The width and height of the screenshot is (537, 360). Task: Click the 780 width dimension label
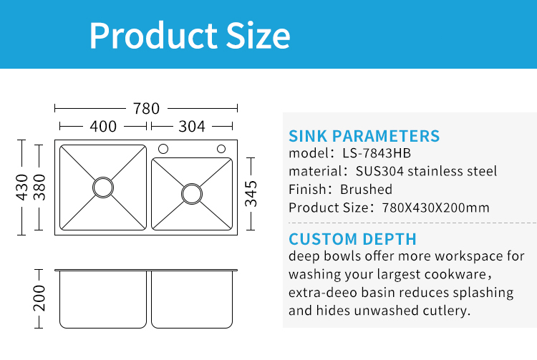click(x=146, y=109)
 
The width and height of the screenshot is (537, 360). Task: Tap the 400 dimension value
click(x=103, y=127)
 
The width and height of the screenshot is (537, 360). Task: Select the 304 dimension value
click(x=192, y=127)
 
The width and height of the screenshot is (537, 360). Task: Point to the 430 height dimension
click(x=21, y=188)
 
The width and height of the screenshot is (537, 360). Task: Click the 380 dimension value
click(x=39, y=188)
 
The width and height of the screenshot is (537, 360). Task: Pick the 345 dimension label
click(x=251, y=194)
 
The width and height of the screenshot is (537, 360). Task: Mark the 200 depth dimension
click(x=39, y=298)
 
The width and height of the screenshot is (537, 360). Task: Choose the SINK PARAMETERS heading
click(x=364, y=136)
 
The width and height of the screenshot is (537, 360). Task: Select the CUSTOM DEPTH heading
click(x=352, y=239)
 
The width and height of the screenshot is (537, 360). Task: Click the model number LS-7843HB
click(x=377, y=153)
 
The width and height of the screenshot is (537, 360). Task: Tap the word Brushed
click(x=366, y=189)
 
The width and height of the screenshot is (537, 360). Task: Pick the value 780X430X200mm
click(x=435, y=208)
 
